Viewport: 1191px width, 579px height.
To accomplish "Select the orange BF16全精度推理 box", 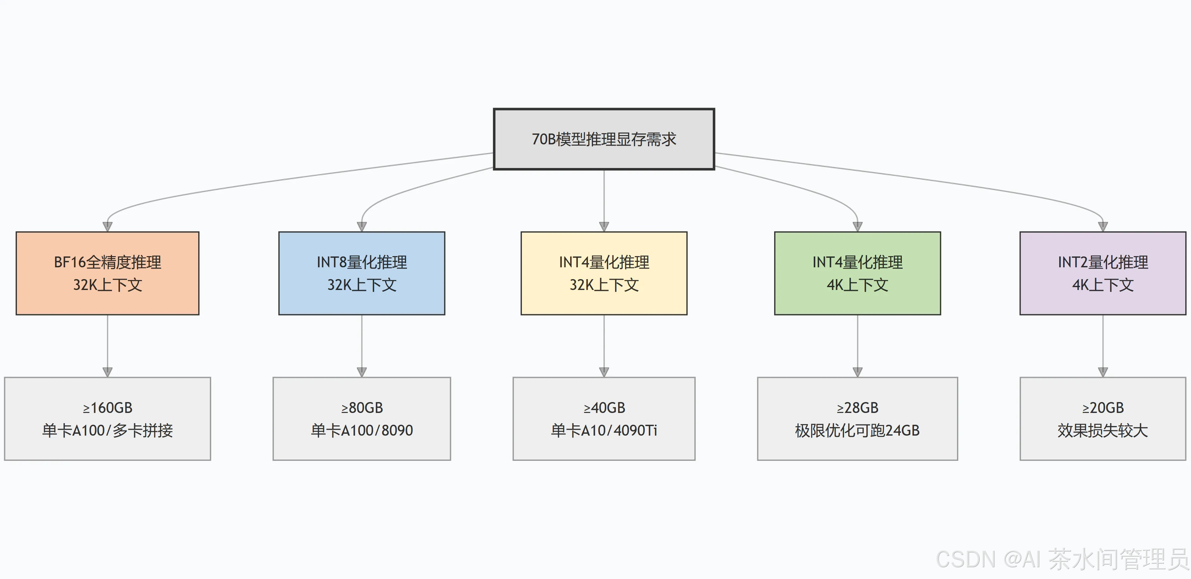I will [x=108, y=273].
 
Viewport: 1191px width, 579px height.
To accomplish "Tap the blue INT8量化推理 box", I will [x=362, y=273].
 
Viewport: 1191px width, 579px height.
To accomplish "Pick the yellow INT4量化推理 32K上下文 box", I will [x=604, y=273].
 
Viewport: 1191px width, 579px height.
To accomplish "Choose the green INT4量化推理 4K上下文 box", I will [x=857, y=273].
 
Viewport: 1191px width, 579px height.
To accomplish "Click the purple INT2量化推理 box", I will [x=1103, y=273].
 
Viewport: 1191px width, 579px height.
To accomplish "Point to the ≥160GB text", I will [x=108, y=408].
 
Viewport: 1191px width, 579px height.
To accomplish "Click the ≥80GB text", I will [x=362, y=408].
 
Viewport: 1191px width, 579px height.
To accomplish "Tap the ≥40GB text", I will [x=604, y=408].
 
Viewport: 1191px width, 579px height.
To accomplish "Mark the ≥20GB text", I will [x=1103, y=408].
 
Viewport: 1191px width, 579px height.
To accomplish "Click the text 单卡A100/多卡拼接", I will [x=108, y=430].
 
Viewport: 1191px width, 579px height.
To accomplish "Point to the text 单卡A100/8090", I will [x=362, y=430].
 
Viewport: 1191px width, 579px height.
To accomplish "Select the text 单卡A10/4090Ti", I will [x=604, y=430].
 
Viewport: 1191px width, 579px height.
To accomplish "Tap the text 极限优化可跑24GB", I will [x=857, y=430].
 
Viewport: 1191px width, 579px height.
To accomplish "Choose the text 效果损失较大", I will [x=1103, y=430].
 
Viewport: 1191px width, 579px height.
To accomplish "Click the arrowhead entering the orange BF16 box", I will [x=108, y=227].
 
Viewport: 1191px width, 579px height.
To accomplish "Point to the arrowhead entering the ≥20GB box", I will [x=1103, y=372].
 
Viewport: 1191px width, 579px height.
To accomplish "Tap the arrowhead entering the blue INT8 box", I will [x=362, y=227].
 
